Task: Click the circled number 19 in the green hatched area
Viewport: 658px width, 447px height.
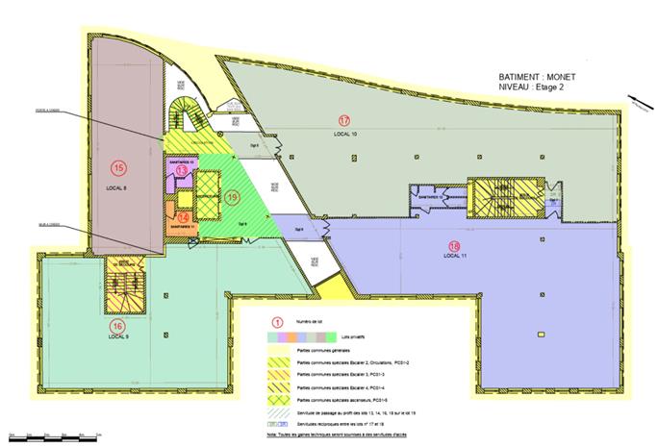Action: point(233,198)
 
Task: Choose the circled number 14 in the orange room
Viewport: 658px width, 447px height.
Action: point(184,218)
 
